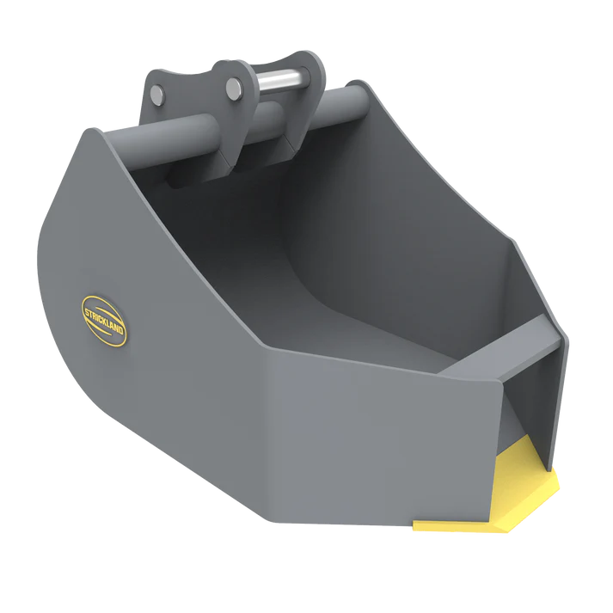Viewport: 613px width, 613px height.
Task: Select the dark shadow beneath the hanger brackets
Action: [198, 176]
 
